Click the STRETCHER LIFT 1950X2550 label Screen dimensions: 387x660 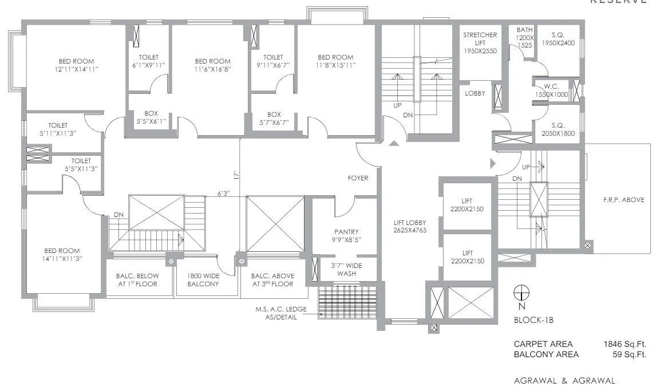pyautogui.click(x=480, y=43)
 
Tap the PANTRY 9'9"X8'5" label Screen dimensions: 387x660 pyautogui.click(x=346, y=235)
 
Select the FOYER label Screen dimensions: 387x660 pyautogui.click(x=358, y=178)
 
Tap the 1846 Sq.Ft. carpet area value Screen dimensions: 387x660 pyautogui.click(x=624, y=344)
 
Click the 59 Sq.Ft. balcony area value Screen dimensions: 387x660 pyautogui.click(x=629, y=354)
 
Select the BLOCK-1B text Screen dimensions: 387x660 pyautogui.click(x=533, y=321)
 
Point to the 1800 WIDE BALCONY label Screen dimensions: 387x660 pyautogui.click(x=203, y=279)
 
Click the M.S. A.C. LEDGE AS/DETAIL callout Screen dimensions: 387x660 pyautogui.click(x=280, y=313)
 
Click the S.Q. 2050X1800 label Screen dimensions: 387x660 pyautogui.click(x=558, y=129)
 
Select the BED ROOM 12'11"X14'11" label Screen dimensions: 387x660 pyautogui.click(x=76, y=65)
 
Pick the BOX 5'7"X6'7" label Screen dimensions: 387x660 pyautogui.click(x=274, y=118)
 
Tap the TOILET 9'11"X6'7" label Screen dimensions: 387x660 pyautogui.click(x=273, y=61)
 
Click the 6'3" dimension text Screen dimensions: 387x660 pyautogui.click(x=223, y=193)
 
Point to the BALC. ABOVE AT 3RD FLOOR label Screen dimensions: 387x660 pyautogui.click(x=272, y=279)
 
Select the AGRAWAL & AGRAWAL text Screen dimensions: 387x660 pyautogui.click(x=564, y=380)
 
